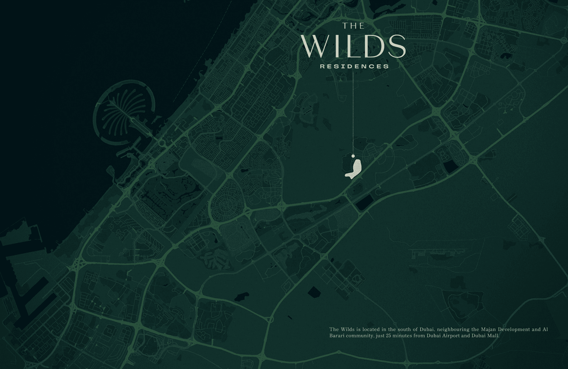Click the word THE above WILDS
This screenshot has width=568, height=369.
click(x=353, y=26)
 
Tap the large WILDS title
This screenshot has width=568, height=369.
click(x=354, y=47)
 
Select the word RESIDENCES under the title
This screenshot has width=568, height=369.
click(x=354, y=67)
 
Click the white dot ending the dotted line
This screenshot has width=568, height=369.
click(x=353, y=156)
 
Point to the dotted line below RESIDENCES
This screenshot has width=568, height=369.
click(x=353, y=114)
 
